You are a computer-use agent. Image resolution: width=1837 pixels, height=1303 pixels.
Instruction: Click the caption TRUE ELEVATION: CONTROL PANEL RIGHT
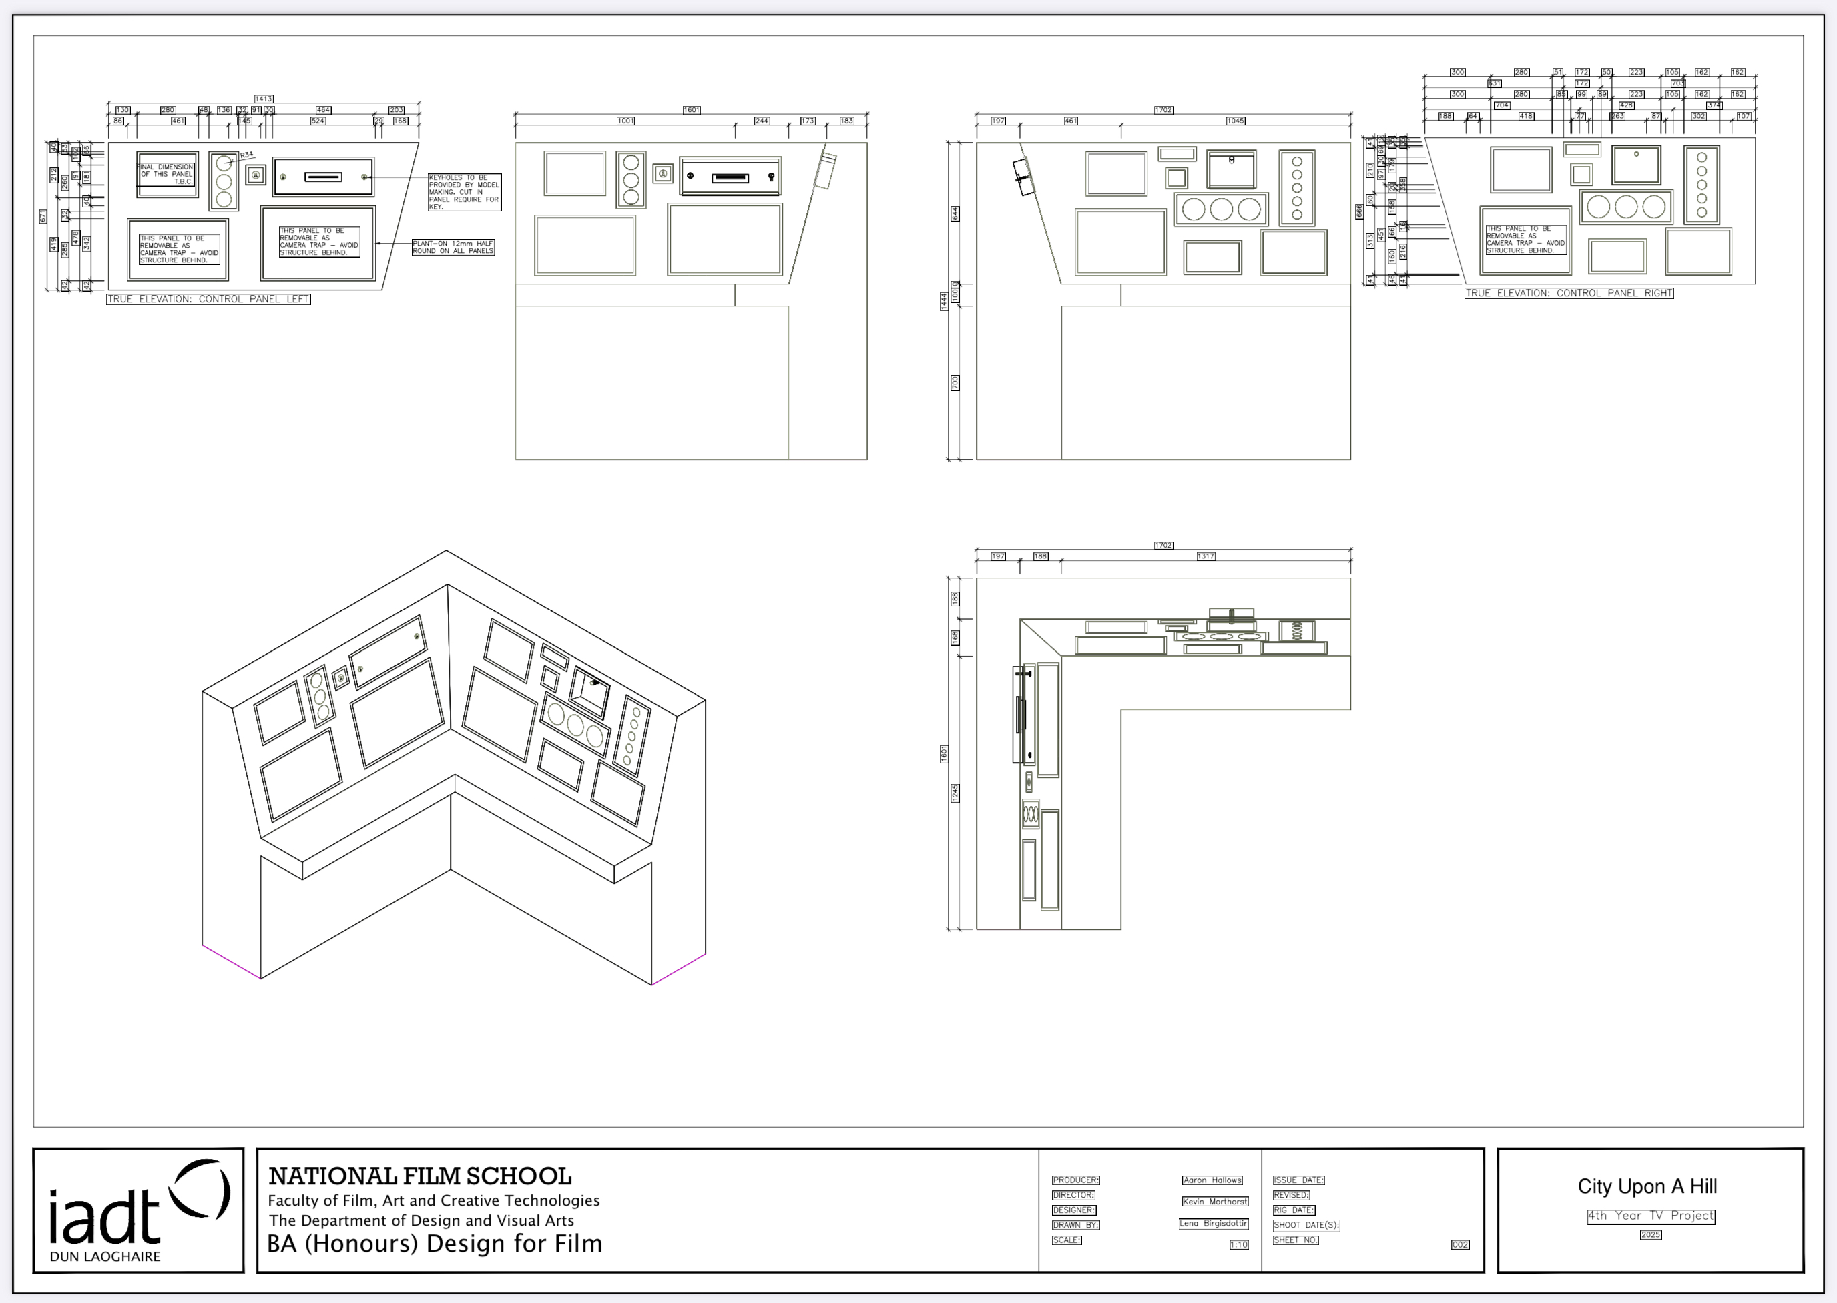click(1568, 294)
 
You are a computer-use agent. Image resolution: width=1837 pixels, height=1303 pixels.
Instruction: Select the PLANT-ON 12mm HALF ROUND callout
click(453, 247)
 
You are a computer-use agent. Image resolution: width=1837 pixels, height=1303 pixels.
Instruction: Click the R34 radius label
click(246, 155)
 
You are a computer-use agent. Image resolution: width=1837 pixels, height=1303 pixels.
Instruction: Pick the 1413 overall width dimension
click(263, 99)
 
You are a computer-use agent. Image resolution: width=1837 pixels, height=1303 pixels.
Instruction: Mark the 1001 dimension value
click(625, 121)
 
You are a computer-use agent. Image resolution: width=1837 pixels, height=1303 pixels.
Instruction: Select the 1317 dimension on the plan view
click(1206, 556)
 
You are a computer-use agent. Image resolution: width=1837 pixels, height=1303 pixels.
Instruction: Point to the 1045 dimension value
click(1235, 121)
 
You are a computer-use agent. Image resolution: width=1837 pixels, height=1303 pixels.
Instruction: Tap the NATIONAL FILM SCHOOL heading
click(420, 1176)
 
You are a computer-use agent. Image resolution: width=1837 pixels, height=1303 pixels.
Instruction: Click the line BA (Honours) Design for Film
click(434, 1244)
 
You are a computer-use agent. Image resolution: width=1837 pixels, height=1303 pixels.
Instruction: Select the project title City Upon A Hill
click(1647, 1187)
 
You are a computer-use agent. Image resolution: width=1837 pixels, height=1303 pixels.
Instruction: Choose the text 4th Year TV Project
click(1650, 1216)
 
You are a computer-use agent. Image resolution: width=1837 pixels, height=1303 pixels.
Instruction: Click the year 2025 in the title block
click(1650, 1235)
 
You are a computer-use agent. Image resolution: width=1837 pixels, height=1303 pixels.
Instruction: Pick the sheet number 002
click(1460, 1245)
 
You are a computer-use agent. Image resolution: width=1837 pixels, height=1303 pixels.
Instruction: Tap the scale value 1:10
click(1238, 1245)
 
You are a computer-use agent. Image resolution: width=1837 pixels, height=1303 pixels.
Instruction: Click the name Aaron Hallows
click(1212, 1180)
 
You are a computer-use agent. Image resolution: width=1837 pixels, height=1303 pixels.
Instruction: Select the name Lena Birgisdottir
click(1214, 1224)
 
